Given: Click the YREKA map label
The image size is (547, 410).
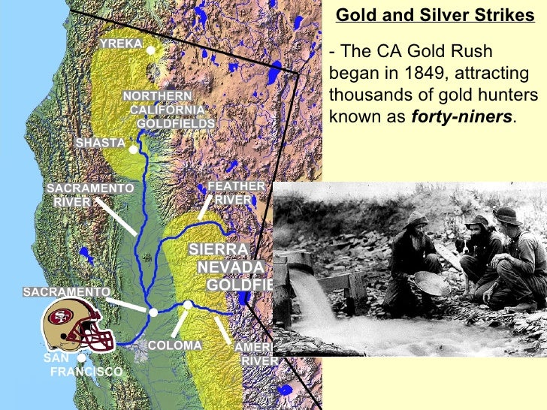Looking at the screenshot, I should (x=121, y=44).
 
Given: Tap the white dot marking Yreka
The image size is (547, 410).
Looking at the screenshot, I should (x=150, y=50).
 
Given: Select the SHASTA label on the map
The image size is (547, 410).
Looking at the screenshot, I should (x=101, y=143).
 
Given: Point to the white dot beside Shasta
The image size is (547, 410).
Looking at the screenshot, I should (x=133, y=149).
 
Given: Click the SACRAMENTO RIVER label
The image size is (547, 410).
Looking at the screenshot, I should (x=90, y=194).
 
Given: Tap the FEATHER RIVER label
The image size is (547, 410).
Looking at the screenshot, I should (x=236, y=192).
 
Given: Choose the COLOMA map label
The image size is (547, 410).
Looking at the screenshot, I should (x=175, y=345).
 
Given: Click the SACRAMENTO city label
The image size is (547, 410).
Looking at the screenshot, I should (x=67, y=291).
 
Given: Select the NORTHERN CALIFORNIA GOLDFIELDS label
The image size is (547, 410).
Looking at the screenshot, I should (x=168, y=110).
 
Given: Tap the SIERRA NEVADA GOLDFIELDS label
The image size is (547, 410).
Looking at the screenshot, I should (x=228, y=267).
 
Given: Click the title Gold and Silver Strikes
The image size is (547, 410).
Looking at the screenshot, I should (x=434, y=16).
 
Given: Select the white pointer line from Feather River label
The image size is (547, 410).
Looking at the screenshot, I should (x=205, y=207).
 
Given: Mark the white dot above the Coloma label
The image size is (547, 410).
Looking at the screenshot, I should (x=188, y=304).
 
